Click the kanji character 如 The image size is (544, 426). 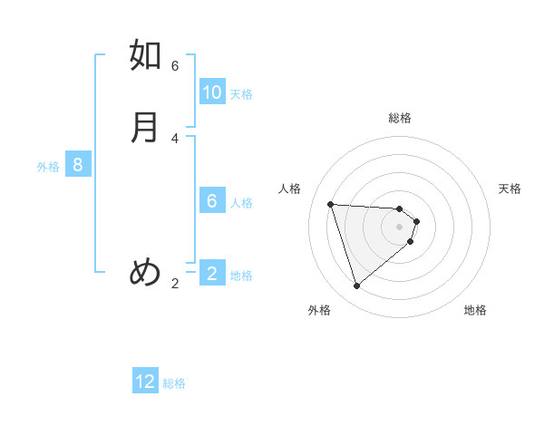[146, 55]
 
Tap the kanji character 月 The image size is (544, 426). [146, 127]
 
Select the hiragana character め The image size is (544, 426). [146, 271]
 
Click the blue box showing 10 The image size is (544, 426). [212, 92]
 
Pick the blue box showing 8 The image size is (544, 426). [78, 165]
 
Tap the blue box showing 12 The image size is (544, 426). [145, 382]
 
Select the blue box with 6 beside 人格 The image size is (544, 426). [212, 201]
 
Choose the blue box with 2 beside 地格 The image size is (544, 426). [212, 273]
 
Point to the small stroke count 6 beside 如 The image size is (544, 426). [175, 66]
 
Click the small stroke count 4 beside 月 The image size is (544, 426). [175, 138]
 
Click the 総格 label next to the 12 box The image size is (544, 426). [174, 383]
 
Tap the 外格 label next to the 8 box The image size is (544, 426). [48, 167]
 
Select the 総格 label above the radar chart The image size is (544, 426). [400, 118]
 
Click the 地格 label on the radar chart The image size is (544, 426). [475, 310]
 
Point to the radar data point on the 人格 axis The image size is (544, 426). [331, 204]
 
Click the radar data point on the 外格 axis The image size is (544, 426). [356, 286]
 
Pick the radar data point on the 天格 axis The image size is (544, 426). [417, 220]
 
